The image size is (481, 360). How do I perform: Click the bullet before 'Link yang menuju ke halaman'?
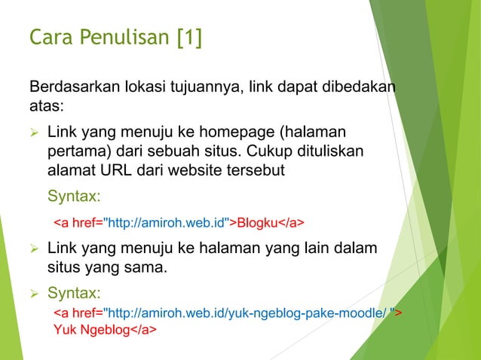click(34, 248)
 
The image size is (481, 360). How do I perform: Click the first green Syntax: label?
click(74, 197)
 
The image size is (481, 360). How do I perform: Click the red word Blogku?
click(258, 224)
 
